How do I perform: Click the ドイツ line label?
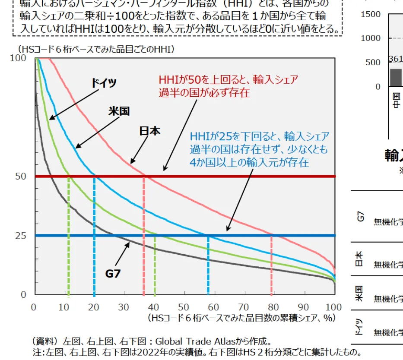click(104, 83)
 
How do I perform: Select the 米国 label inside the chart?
click(119, 111)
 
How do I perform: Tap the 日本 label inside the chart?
click(149, 131)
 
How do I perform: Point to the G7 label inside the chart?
click(113, 273)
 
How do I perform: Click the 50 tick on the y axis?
click(21, 176)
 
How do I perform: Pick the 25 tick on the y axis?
click(21, 236)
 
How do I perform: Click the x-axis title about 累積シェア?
click(241, 318)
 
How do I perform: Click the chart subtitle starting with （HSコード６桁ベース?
click(96, 49)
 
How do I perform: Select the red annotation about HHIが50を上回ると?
click(228, 86)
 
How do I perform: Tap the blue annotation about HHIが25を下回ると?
click(259, 149)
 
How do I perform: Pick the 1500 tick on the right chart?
click(370, 14)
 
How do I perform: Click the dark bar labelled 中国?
click(395, 78)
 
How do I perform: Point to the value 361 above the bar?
click(395, 59)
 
